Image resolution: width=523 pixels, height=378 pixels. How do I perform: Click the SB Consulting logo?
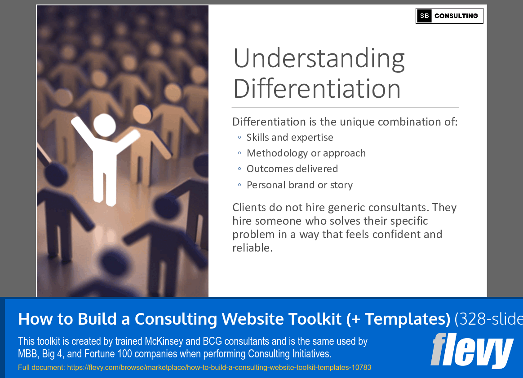point(449,16)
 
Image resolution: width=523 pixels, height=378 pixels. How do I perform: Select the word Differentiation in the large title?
point(317,88)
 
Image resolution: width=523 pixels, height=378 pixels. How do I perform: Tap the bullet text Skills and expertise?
point(290,138)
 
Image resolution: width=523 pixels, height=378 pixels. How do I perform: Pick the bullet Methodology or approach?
point(306,153)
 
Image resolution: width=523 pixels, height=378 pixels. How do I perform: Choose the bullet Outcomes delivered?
point(292,169)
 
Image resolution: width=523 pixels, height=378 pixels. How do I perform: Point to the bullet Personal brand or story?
point(300,185)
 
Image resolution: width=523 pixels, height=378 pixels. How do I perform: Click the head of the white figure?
point(104,125)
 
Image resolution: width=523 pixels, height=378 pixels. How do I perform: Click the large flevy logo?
point(471,351)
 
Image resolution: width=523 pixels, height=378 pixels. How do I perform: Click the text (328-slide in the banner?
point(488,319)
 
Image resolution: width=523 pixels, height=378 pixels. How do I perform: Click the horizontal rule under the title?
point(345,108)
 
